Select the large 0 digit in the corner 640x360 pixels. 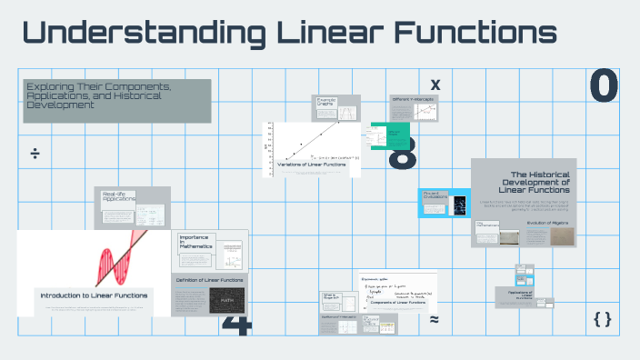click(604, 86)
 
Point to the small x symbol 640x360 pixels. click(435, 85)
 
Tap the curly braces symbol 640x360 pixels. click(602, 319)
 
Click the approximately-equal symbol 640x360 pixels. click(435, 320)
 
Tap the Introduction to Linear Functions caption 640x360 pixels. click(95, 295)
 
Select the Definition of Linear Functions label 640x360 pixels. click(210, 280)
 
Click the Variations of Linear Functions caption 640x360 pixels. click(311, 164)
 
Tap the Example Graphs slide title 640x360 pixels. click(326, 102)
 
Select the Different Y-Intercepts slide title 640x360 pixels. click(414, 98)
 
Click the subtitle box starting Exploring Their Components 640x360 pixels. click(117, 95)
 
